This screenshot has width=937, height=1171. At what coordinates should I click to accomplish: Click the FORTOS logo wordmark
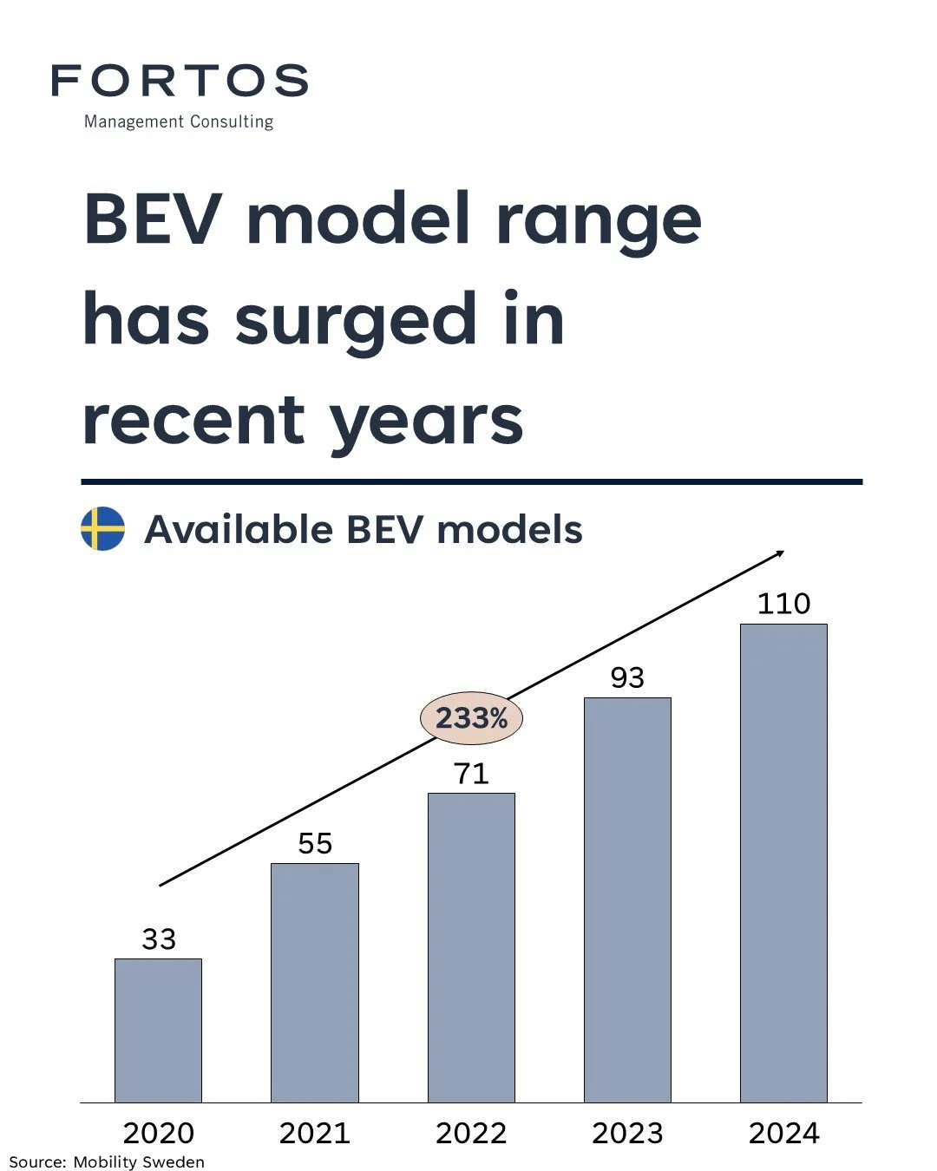(180, 81)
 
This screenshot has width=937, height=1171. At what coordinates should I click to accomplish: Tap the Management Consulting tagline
(179, 121)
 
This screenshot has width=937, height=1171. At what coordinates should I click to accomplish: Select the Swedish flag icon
(102, 529)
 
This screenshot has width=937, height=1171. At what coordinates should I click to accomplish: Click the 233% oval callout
(471, 718)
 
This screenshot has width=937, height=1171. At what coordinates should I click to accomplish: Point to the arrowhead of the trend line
(780, 553)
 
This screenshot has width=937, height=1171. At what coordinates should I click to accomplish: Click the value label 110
(783, 604)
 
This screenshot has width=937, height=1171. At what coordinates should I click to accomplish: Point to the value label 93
(627, 677)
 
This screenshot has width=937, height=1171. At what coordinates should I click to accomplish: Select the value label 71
(471, 773)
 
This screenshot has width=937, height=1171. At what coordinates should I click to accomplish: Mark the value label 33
(159, 939)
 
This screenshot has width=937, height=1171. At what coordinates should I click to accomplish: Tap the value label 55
(315, 843)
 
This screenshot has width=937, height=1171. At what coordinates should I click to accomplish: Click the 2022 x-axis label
(471, 1133)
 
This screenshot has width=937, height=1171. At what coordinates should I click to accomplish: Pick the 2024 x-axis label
(783, 1133)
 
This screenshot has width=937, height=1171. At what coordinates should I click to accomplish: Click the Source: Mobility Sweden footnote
(107, 1161)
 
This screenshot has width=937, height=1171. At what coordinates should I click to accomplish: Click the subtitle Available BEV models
(363, 529)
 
